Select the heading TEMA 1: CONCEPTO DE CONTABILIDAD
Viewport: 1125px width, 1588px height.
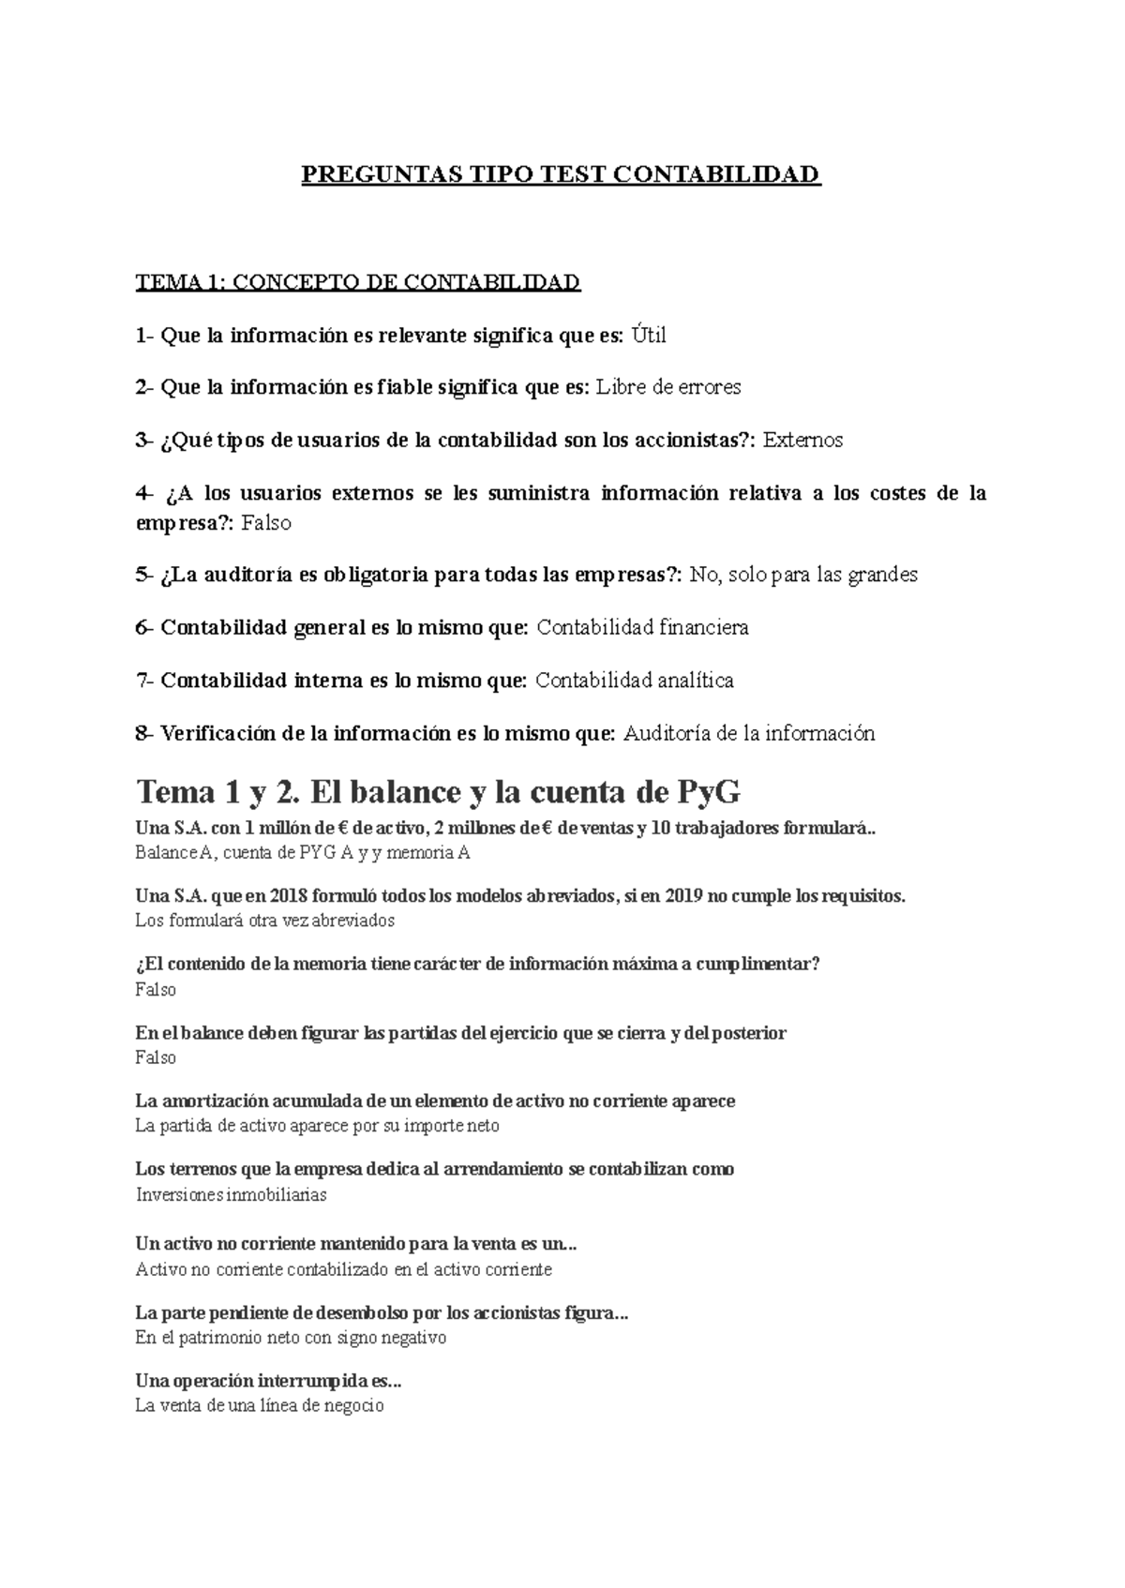point(358,282)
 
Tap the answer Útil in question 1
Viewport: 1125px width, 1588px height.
point(648,335)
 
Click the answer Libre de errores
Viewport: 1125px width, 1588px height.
point(668,387)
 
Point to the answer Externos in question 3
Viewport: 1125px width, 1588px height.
point(803,440)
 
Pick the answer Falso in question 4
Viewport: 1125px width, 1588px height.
point(266,523)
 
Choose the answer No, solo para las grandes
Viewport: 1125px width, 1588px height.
point(803,575)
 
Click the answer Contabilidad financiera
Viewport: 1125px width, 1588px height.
point(642,627)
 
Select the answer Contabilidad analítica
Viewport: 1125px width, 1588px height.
point(635,680)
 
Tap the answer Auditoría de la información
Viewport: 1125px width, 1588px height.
point(749,733)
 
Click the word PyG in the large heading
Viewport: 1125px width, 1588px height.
point(708,792)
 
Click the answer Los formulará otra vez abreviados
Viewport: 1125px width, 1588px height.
point(265,920)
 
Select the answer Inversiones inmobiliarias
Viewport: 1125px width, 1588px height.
point(232,1194)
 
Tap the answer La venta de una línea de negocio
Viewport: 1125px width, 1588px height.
point(260,1405)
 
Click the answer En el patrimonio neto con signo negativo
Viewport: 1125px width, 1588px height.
point(291,1338)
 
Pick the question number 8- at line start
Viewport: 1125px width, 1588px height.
point(144,733)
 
